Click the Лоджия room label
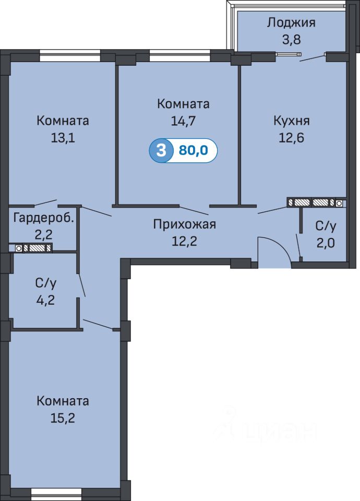click(x=291, y=22)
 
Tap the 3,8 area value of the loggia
click(x=291, y=40)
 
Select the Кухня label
click(x=291, y=121)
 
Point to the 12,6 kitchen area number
click(x=291, y=138)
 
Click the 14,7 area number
click(x=183, y=121)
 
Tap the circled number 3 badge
click(x=161, y=150)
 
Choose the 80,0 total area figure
click(x=194, y=150)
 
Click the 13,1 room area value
click(x=63, y=138)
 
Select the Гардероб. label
click(x=44, y=219)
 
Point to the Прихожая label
click(x=185, y=224)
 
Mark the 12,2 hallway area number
click(x=185, y=241)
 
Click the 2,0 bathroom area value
click(x=326, y=243)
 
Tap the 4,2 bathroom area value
click(x=46, y=300)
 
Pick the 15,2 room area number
click(x=63, y=418)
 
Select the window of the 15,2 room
click(x=56, y=492)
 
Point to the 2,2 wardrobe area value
click(x=43, y=235)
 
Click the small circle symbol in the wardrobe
click(x=19, y=248)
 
